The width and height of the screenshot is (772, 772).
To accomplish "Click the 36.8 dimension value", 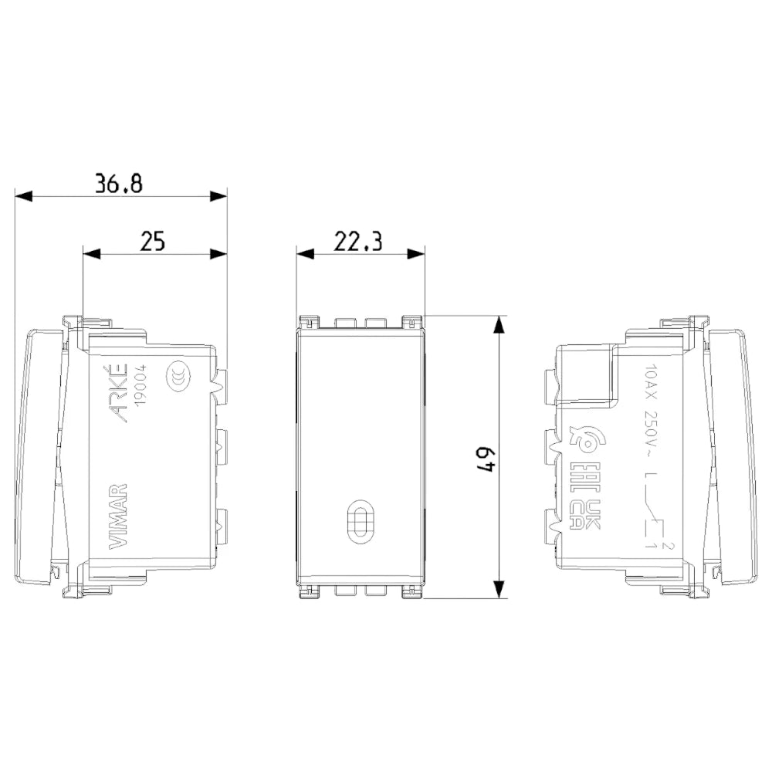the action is point(119,183).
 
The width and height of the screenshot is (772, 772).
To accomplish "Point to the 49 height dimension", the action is point(486,459).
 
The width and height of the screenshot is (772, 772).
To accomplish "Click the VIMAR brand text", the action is point(117,516).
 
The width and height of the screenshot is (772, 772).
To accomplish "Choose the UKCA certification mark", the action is point(587,514).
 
